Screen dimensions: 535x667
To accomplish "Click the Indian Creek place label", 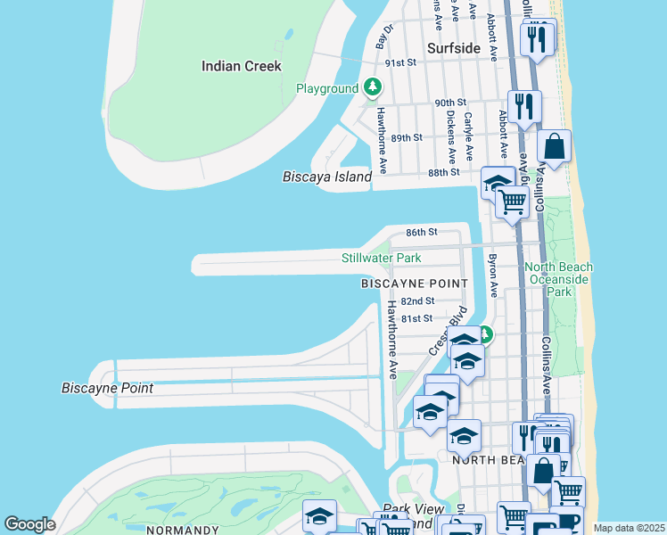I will coord(241,66).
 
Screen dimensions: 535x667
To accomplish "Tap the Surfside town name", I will coord(454,48).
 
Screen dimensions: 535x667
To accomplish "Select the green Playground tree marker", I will coord(373,87).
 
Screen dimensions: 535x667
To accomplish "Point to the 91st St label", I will coord(401,63).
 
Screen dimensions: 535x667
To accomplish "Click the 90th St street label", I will coord(451,103).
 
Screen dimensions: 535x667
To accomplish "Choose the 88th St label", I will coord(443,172).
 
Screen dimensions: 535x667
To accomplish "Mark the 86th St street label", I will coord(422,232).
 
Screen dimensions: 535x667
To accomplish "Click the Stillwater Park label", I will coord(382,259).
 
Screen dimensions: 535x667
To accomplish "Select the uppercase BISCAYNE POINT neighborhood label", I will coord(414,283).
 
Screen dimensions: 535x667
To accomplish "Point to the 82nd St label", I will coord(417,301).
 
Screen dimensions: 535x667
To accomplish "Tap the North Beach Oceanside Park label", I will coord(558,279).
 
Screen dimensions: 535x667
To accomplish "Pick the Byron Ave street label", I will coord(491,276).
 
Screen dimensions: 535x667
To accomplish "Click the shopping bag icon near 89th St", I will coord(554,146).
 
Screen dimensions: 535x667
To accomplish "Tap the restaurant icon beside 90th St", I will coord(524,106).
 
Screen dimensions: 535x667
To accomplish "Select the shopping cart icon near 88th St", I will coord(512,202).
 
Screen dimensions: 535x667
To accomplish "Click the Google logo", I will coord(30,524).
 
